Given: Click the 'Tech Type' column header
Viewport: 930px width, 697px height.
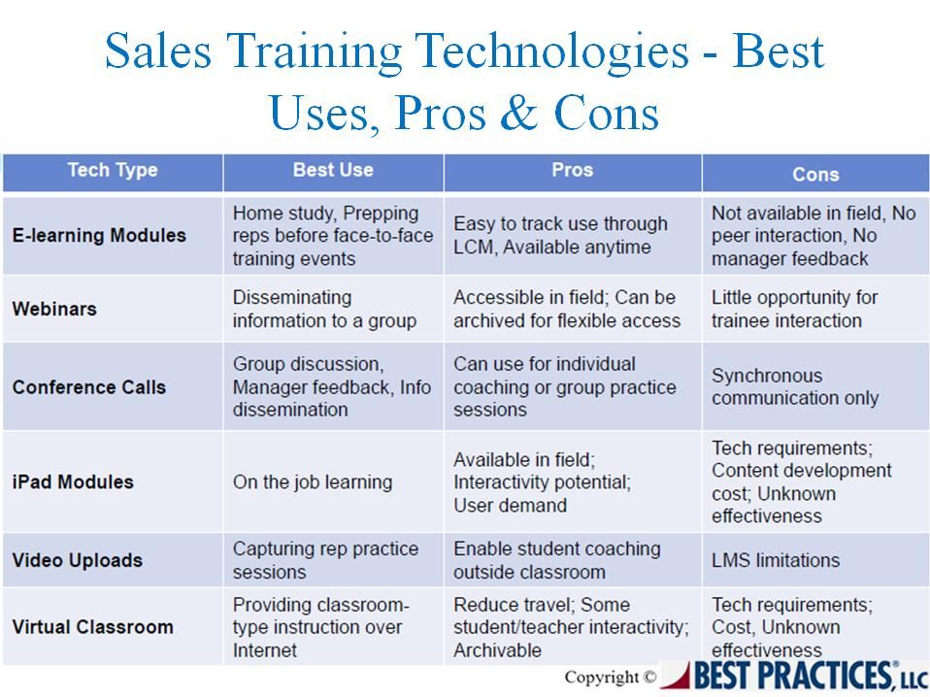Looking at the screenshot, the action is coord(113,170).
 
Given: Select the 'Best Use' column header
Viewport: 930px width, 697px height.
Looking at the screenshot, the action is coord(333,170).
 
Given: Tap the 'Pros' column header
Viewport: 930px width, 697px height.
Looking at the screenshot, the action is coord(573,170).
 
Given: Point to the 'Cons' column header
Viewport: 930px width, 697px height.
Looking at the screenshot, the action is coord(815,175).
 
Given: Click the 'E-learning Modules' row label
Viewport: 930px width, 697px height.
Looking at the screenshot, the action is coord(99,236).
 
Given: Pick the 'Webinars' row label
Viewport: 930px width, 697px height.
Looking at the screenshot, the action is coord(54,309).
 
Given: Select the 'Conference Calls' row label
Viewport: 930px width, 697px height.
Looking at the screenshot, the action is coord(89,387).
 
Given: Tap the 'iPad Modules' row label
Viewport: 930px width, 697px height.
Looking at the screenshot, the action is coord(73,482).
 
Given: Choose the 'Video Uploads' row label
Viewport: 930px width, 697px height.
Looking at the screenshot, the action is coord(77,560).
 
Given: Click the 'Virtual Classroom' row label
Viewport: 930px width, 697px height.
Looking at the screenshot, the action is coord(92,627).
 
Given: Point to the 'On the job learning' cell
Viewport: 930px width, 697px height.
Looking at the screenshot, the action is coord(313,482).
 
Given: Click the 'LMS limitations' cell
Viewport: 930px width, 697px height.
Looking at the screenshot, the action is coord(776,560).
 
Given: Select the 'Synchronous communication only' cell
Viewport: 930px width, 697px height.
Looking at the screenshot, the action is coord(795,386).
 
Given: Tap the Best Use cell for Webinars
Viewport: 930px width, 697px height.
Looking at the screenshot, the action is coord(324,309).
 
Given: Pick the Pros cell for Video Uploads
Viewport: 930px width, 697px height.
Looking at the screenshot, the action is coord(557,560).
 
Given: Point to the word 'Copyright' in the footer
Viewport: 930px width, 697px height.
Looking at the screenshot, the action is coord(602,678).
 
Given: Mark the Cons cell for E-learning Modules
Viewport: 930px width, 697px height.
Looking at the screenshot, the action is coord(814,236).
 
